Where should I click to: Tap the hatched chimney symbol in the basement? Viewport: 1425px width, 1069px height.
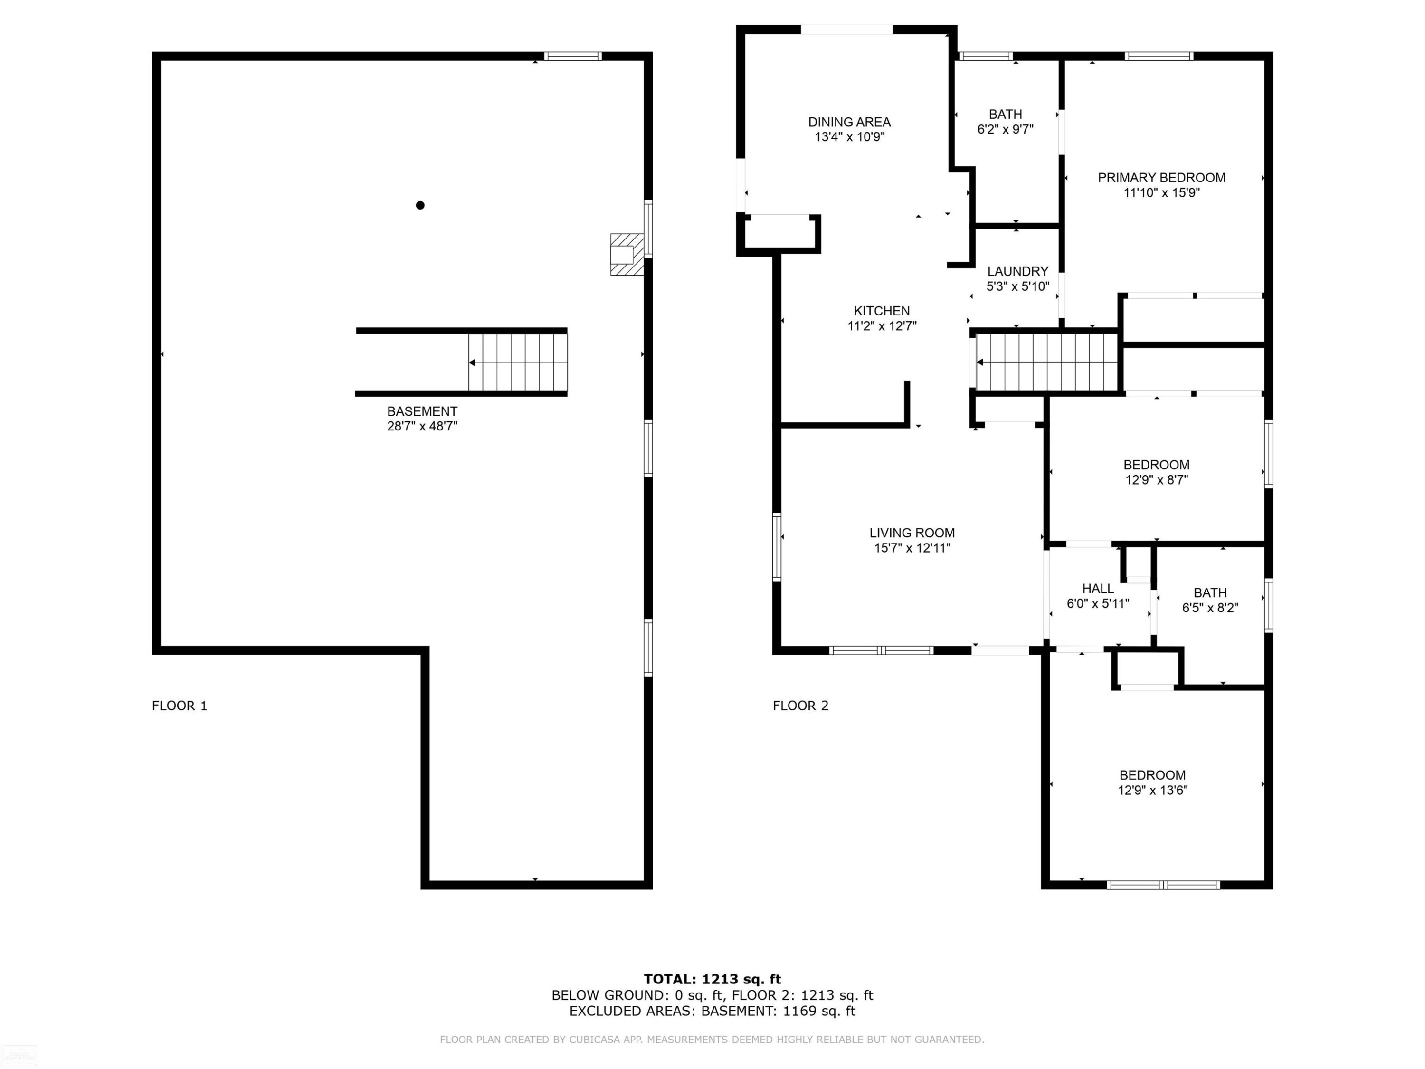tap(627, 255)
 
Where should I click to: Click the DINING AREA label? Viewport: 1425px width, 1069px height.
tap(849, 122)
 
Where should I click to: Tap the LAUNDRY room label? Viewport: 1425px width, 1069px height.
tap(1018, 271)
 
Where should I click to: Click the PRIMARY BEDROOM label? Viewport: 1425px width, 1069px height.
tap(1161, 178)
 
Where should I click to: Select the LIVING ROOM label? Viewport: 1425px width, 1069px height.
tap(912, 533)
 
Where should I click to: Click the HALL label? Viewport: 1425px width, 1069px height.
tap(1098, 588)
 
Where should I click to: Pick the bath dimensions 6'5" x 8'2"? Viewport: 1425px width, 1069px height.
tap(1210, 608)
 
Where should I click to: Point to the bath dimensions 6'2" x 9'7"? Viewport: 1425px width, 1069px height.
tap(1005, 129)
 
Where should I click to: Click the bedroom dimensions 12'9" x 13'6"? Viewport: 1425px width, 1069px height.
tap(1152, 790)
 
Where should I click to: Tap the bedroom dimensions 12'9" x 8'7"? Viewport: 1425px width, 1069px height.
tap(1156, 479)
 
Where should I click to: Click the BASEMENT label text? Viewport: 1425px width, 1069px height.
tap(422, 411)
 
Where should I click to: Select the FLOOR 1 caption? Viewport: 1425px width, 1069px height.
tap(179, 706)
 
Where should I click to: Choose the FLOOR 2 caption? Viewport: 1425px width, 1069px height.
tap(800, 706)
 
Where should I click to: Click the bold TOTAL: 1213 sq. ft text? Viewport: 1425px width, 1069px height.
tap(712, 979)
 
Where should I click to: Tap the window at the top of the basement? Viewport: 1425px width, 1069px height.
tap(573, 56)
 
